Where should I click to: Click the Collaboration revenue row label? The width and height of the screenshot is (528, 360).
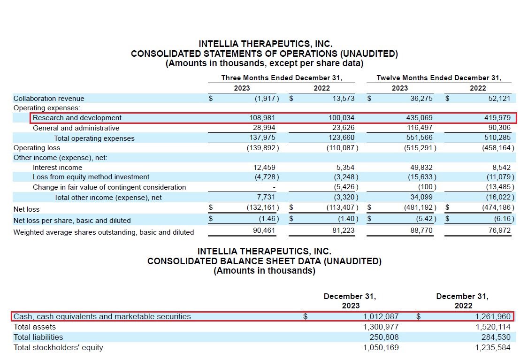click(x=49, y=99)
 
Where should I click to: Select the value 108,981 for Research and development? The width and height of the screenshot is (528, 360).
click(x=263, y=118)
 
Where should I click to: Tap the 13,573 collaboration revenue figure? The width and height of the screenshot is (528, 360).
click(x=342, y=99)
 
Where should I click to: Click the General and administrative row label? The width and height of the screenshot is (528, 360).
click(x=76, y=128)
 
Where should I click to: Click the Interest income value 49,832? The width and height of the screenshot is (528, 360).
click(x=421, y=168)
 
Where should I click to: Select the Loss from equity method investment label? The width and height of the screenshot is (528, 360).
click(x=91, y=177)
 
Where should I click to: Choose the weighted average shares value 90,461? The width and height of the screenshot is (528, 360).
click(x=263, y=230)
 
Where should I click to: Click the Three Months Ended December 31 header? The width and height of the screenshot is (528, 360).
click(x=282, y=78)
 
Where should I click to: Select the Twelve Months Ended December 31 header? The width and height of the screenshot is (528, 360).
click(x=439, y=78)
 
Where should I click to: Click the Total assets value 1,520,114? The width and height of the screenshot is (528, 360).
click(x=492, y=327)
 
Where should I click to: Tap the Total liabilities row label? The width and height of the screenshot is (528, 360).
click(x=38, y=337)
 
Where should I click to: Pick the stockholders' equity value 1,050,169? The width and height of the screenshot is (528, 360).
click(x=381, y=347)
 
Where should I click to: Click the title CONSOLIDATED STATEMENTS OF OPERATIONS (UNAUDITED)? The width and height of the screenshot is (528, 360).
click(x=264, y=54)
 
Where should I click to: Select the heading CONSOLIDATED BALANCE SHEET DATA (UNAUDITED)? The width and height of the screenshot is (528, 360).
click(x=264, y=261)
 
